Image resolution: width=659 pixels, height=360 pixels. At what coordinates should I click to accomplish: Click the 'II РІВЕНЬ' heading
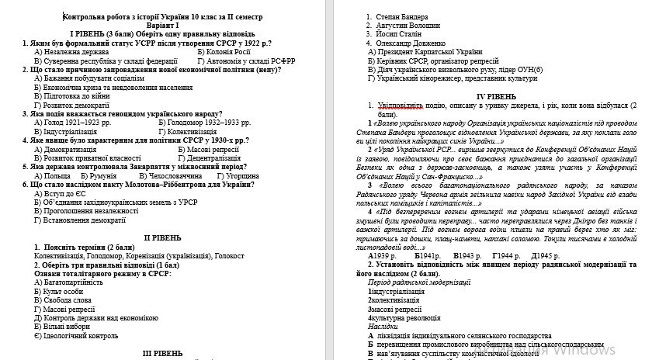162,237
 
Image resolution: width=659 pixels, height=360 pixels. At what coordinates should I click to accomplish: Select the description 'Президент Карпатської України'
431,51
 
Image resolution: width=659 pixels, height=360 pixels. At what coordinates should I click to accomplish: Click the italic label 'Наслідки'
385,327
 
